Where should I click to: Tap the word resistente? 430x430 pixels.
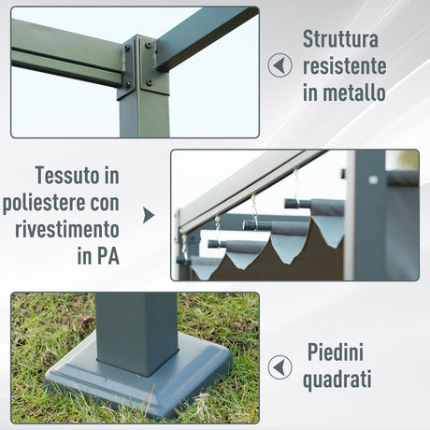(x=344, y=65)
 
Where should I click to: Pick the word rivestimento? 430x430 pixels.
(x=67, y=229)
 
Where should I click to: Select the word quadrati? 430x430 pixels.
(x=338, y=380)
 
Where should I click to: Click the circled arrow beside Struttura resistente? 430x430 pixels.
(x=279, y=65)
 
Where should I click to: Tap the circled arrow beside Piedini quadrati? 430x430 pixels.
(x=279, y=367)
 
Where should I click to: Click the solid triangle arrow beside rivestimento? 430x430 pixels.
(x=148, y=215)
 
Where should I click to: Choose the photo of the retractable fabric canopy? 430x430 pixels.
(x=294, y=215)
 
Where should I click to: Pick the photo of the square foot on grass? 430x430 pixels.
(x=135, y=357)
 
